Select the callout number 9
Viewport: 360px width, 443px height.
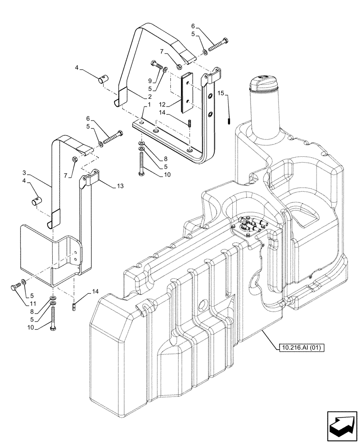tap(150, 81)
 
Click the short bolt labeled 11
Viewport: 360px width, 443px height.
tap(14, 286)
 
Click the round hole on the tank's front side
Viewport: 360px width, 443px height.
tap(202, 305)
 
